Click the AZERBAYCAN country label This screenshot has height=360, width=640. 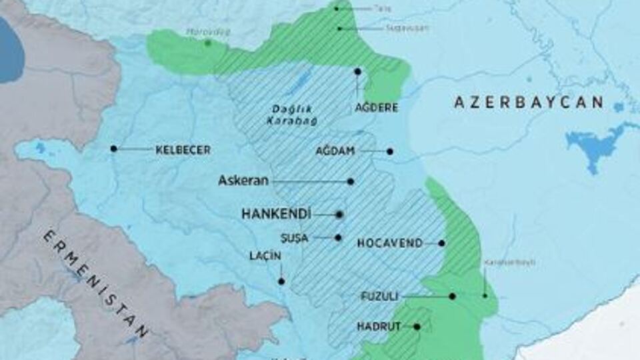tap(529, 102)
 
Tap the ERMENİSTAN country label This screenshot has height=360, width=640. tap(97, 284)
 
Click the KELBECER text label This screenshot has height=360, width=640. tap(183, 150)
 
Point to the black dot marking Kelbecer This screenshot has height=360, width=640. tap(114, 149)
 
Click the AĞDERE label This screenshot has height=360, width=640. tap(377, 107)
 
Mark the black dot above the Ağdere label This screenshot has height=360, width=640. tap(358, 71)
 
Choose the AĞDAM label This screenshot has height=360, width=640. tap(335, 151)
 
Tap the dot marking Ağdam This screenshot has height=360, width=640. tap(390, 151)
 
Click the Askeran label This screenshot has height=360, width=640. tap(243, 181)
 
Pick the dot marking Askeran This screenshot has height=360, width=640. tap(351, 181)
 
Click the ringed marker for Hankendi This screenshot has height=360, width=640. tap(339, 215)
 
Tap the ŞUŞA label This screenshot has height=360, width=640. tap(294, 238)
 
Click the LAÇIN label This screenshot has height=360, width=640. tap(265, 256)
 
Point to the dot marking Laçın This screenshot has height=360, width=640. tap(281, 281)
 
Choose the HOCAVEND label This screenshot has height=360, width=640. tap(390, 243)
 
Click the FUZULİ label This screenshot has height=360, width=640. tap(379, 296)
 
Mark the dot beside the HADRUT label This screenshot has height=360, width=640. tap(417, 327)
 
